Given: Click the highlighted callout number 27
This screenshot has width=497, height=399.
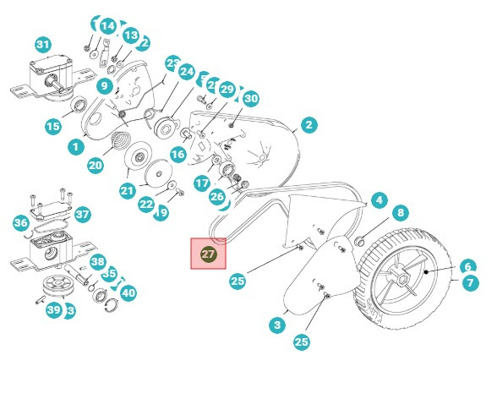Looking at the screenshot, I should (209, 254).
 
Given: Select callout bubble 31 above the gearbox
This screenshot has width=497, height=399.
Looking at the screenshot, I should (42, 45).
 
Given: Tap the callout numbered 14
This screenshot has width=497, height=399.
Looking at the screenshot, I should (107, 26).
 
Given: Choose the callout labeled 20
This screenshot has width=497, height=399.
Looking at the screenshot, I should (95, 166).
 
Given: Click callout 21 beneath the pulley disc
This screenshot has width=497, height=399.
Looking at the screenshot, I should (127, 191).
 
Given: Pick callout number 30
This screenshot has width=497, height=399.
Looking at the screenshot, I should (250, 99).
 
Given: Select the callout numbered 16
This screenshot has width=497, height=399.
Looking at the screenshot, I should (177, 155).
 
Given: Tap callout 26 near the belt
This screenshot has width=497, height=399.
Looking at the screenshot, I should (217, 197).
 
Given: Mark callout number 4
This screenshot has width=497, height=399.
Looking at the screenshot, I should (380, 200).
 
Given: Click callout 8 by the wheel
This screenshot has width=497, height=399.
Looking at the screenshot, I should (401, 213).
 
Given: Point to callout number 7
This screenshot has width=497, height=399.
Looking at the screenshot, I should (469, 283).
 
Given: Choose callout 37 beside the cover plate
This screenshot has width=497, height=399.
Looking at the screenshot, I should (82, 215).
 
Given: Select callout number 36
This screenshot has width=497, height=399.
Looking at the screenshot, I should (21, 223).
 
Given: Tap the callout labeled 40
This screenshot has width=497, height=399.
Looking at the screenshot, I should (128, 292).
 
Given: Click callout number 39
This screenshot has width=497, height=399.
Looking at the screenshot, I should (53, 310).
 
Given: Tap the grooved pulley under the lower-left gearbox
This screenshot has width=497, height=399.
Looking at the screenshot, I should (57, 286).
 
